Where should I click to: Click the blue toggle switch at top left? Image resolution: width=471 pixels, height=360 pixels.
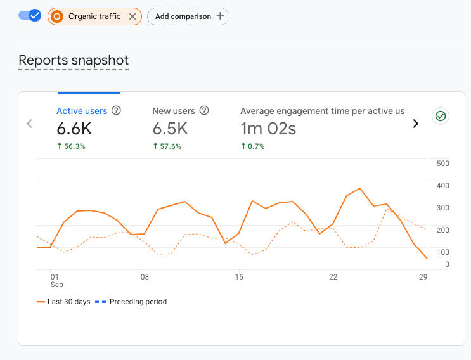pyautogui.click(x=30, y=16)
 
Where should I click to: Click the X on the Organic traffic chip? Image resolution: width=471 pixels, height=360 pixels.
pyautogui.click(x=132, y=16)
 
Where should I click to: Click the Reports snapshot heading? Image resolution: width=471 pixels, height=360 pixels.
pyautogui.click(x=74, y=60)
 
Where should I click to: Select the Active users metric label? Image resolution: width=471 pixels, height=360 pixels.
pyautogui.click(x=82, y=111)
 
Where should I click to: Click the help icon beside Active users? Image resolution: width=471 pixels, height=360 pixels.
pyautogui.click(x=116, y=110)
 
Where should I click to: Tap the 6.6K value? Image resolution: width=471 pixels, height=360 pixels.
pyautogui.click(x=74, y=129)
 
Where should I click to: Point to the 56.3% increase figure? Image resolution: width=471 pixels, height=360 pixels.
pyautogui.click(x=71, y=146)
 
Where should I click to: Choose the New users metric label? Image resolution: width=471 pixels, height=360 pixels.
pyautogui.click(x=174, y=111)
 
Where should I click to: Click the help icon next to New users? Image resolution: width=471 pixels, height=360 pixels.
pyautogui.click(x=204, y=110)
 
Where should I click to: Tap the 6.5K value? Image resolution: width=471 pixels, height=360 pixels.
pyautogui.click(x=170, y=129)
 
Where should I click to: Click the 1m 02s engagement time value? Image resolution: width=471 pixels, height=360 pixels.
pyautogui.click(x=268, y=129)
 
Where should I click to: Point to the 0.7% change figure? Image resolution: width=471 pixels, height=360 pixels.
pyautogui.click(x=254, y=146)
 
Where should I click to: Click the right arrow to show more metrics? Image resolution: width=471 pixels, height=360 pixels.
pyautogui.click(x=416, y=124)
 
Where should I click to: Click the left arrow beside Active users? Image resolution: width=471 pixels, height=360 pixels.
pyautogui.click(x=29, y=124)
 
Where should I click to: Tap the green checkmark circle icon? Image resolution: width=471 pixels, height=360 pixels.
pyautogui.click(x=441, y=116)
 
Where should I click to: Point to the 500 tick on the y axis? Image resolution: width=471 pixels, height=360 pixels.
pyautogui.click(x=443, y=164)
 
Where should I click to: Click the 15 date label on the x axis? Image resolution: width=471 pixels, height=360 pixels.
pyautogui.click(x=239, y=277)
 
